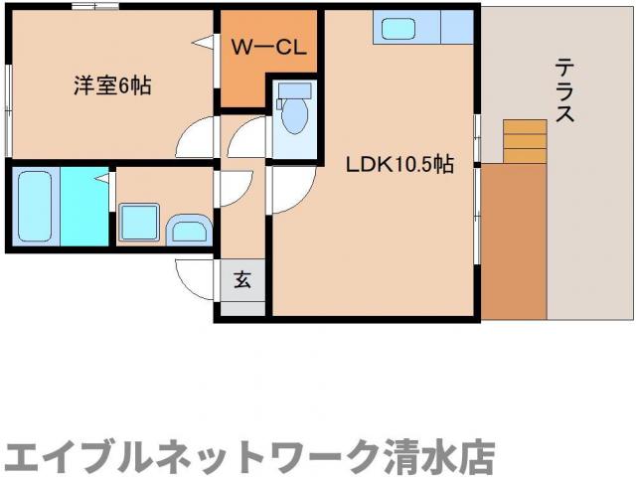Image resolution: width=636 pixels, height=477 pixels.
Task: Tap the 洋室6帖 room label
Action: point(111,86)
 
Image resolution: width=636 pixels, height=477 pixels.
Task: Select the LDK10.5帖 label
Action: point(399,165)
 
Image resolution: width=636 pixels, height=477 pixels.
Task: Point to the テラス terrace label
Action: point(563,90)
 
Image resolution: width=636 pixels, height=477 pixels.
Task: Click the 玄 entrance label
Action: point(242,279)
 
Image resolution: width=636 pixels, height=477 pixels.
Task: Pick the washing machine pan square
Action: point(138,223)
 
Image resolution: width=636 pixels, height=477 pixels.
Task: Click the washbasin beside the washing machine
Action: point(188,231)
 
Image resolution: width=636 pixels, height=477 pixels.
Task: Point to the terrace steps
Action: point(524,141)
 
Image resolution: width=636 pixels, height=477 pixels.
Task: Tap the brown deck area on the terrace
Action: point(514,238)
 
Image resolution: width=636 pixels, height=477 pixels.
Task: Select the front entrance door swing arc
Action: point(196,276)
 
